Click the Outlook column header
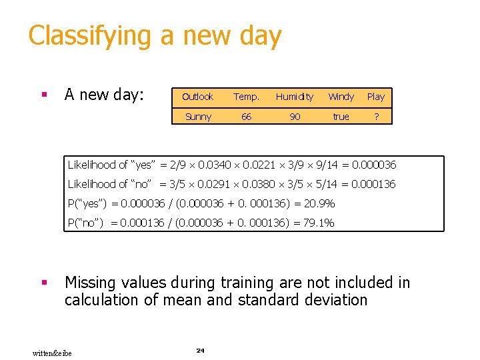pyautogui.click(x=197, y=97)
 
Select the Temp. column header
pyautogui.click(x=246, y=97)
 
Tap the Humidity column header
pyautogui.click(x=294, y=97)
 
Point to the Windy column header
pyautogui.click(x=341, y=97)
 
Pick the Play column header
pyautogui.click(x=376, y=97)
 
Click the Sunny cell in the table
pyautogui.click(x=198, y=117)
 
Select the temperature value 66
pyautogui.click(x=246, y=117)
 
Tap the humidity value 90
pyautogui.click(x=294, y=117)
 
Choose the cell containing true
pyautogui.click(x=341, y=117)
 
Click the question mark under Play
pyautogui.click(x=376, y=117)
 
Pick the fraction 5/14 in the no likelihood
pyautogui.click(x=321, y=184)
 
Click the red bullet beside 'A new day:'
pyautogui.click(x=44, y=95)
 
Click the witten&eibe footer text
pyautogui.click(x=52, y=352)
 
